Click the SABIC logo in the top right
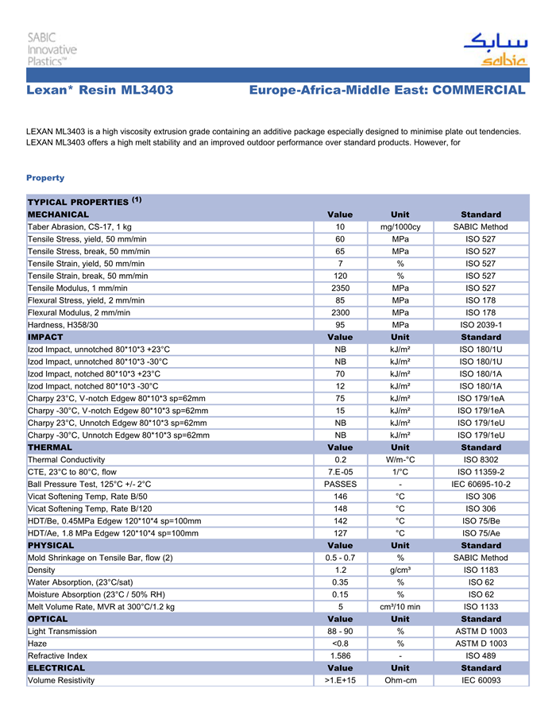[x=495, y=50]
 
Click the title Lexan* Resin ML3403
[x=100, y=91]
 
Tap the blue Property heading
[x=45, y=177]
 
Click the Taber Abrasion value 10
[x=340, y=227]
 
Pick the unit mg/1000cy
[x=400, y=227]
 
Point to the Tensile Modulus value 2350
[x=340, y=288]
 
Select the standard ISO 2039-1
[x=481, y=325]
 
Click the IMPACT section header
[x=45, y=337]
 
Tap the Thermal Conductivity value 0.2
[x=340, y=459]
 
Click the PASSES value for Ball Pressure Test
[x=340, y=484]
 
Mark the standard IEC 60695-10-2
[x=481, y=484]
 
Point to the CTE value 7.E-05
[x=340, y=472]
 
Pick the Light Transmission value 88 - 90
[x=340, y=632]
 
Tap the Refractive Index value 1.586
[x=340, y=655]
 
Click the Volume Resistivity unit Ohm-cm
[x=400, y=680]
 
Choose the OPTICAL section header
[x=48, y=619]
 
